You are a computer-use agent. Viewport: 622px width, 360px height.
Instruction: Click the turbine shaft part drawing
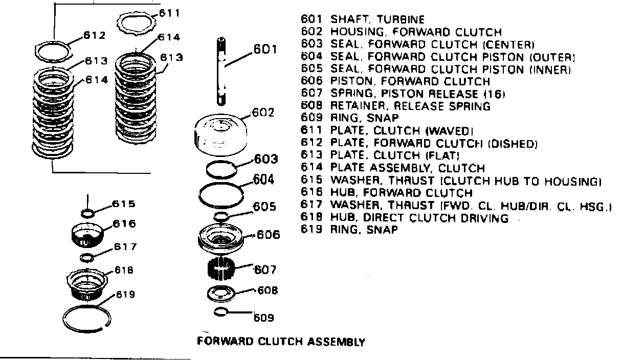click(x=220, y=72)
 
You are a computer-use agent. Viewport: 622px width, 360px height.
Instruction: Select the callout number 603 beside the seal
click(x=266, y=159)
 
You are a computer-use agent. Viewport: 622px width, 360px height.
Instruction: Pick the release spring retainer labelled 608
click(x=221, y=294)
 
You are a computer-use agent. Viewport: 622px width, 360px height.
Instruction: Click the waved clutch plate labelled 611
click(x=137, y=23)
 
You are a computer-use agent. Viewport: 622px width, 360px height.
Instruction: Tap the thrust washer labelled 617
click(x=87, y=256)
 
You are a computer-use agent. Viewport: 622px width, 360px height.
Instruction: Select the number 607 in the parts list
click(x=313, y=94)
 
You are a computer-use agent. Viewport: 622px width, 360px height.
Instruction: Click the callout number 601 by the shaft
click(x=265, y=50)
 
